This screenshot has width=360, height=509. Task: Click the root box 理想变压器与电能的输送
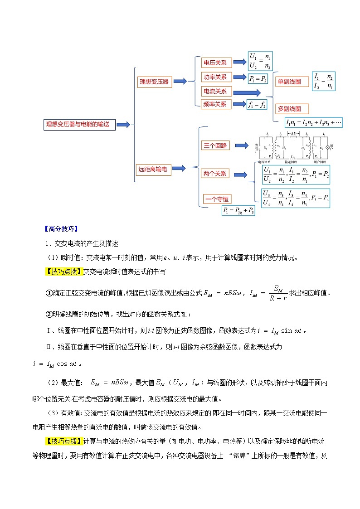(x=79, y=124)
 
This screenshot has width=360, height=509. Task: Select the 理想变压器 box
(x=154, y=82)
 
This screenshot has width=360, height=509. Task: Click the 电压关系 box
(x=215, y=63)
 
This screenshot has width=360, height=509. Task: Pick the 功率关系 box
(x=215, y=77)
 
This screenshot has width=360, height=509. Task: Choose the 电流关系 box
(x=215, y=91)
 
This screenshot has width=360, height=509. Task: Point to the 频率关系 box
(x=215, y=104)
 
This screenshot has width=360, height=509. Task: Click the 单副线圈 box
(x=289, y=82)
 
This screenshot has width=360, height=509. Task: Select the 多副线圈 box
(x=289, y=109)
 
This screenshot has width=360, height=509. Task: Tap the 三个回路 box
(x=215, y=145)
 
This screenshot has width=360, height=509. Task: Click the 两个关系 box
(x=215, y=174)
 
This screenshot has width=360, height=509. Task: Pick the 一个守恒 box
(x=217, y=199)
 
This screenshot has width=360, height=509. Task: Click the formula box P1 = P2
(x=258, y=79)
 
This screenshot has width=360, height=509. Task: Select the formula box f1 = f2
(x=257, y=105)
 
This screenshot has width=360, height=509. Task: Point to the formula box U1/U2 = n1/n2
(x=260, y=62)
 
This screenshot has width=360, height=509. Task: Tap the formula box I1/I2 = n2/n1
(x=324, y=82)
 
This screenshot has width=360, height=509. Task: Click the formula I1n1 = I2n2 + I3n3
(x=313, y=122)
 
